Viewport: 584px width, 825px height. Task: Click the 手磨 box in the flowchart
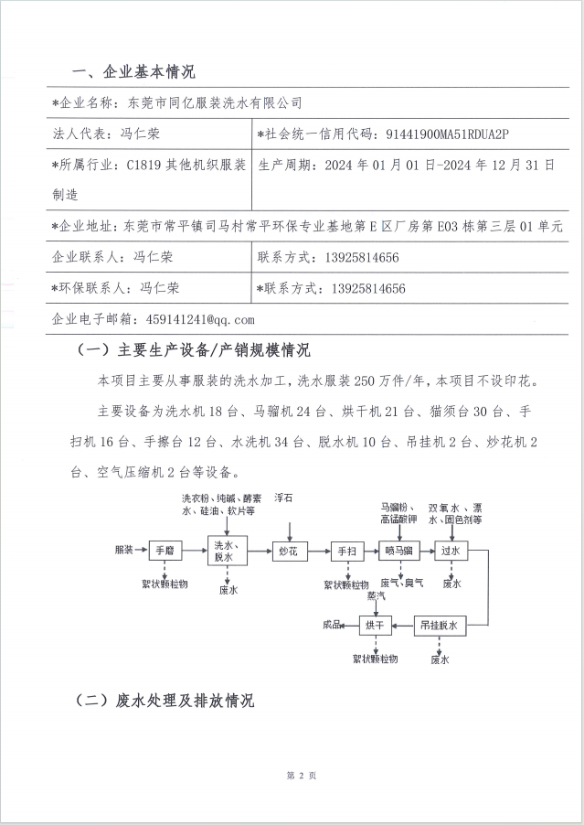[164, 551]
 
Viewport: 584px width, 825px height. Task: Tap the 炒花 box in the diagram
[289, 551]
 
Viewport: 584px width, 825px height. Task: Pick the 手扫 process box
[346, 551]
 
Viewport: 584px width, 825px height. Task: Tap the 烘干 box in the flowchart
[374, 626]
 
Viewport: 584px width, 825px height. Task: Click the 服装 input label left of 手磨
[124, 551]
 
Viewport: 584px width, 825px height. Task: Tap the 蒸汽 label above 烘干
[377, 595]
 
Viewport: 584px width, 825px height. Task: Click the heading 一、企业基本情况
[133, 72]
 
